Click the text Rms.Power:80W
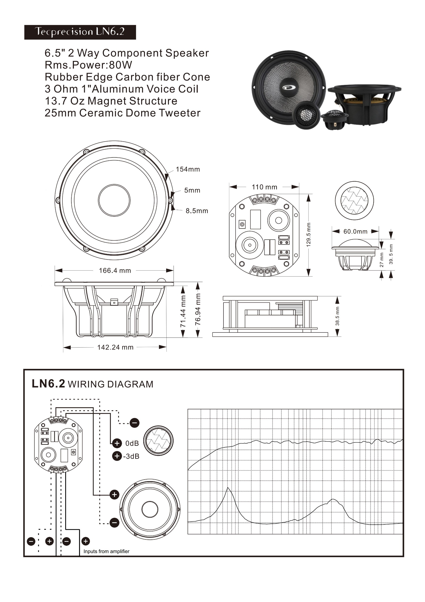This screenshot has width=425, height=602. tap(89, 65)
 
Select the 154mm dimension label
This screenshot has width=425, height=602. tap(188, 169)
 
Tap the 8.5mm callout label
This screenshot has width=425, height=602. tap(197, 211)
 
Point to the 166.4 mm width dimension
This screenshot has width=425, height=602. tap(115, 271)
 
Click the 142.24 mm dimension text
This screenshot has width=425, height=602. tap(115, 347)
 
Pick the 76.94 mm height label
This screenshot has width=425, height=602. tap(198, 309)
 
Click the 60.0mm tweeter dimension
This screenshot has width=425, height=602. tap(355, 232)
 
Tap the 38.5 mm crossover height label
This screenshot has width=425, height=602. tap(337, 316)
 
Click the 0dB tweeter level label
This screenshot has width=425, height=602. tap(132, 443)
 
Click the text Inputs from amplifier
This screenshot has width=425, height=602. tap(106, 551)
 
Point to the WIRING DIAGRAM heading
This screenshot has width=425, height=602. tap(110, 384)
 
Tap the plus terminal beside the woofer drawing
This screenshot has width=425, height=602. tap(114, 495)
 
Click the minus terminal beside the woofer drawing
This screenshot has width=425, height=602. tap(114, 523)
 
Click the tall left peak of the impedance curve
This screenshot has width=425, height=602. tap(228, 488)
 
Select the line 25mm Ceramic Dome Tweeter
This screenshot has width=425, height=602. tap(122, 113)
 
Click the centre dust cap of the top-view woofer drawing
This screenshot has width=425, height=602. tap(114, 200)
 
